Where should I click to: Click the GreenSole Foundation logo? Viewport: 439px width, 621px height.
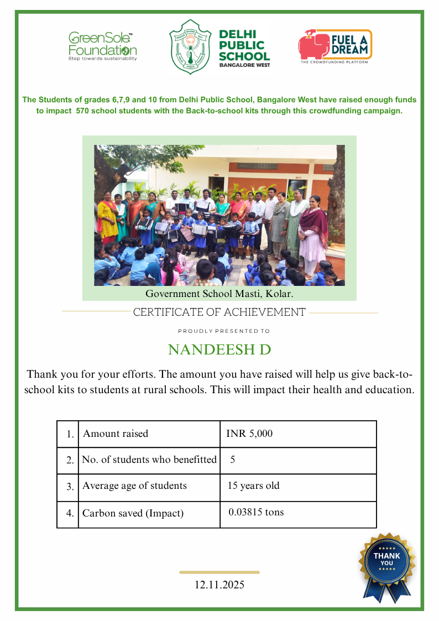point(103,46)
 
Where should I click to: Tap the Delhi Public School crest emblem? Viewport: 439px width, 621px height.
point(190,46)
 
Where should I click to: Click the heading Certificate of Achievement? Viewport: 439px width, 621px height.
point(219,312)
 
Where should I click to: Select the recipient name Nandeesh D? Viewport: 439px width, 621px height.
point(219,350)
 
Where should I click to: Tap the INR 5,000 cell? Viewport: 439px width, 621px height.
point(249,434)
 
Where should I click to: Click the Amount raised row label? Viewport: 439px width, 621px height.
point(116,434)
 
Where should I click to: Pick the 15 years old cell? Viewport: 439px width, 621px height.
point(253,486)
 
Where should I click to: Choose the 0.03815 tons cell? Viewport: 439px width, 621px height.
point(256,512)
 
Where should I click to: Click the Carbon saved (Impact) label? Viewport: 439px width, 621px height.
point(133,513)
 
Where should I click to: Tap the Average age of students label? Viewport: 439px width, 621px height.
point(134,486)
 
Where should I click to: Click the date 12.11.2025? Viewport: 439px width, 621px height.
point(219,585)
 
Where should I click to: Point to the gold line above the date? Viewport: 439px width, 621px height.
point(219,572)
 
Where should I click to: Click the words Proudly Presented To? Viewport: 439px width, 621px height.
point(224,331)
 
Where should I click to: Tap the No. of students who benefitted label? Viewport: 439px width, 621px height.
point(149,460)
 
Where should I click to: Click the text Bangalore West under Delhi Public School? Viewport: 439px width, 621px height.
point(244,65)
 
